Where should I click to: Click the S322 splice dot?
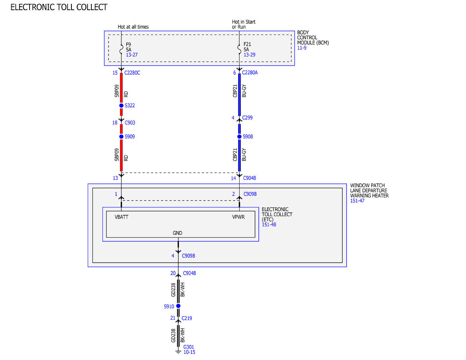coord(121,106)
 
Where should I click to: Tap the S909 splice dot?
coord(121,137)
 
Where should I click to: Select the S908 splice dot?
coord(239,137)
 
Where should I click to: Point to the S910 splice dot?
coord(178,306)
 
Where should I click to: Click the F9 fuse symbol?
coord(122,49)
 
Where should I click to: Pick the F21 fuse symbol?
coord(239,49)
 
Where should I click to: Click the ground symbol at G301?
coord(178,351)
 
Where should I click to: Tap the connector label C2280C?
coord(132,73)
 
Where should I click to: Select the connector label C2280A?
coord(250,73)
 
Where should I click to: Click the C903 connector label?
coord(130,123)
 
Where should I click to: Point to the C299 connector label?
coord(247,118)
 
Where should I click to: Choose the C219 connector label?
coord(187,318)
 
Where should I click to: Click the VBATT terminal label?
coord(122,217)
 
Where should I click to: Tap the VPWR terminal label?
coord(238,217)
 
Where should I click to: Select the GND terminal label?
coord(177,233)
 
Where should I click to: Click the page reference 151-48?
coord(269,224)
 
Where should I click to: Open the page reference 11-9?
coord(302,48)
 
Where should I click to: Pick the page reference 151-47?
coord(357,201)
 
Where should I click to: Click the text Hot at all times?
coord(133,27)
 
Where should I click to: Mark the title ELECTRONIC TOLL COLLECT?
coord(59,7)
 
